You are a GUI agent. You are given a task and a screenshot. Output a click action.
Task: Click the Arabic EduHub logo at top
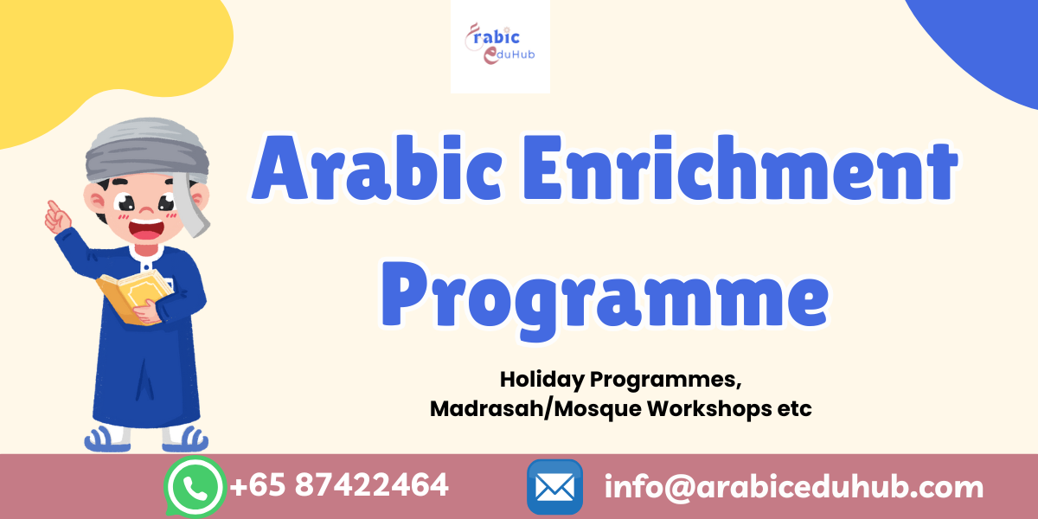[x=500, y=46]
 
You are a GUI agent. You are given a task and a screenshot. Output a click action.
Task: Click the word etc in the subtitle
[x=794, y=409]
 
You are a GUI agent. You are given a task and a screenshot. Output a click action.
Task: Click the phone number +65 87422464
[x=338, y=485]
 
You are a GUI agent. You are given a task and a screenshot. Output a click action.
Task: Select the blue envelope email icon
[x=554, y=487]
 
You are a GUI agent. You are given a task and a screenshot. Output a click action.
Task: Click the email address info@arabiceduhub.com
[x=794, y=487]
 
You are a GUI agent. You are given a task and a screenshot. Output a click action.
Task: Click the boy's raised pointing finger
[x=53, y=208]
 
